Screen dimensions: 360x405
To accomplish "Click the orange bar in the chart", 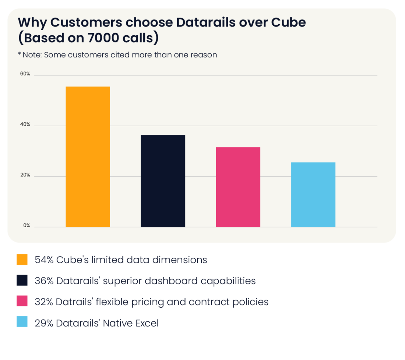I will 88,156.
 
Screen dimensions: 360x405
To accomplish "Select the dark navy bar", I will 163,181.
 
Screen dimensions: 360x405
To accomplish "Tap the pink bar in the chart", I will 238,187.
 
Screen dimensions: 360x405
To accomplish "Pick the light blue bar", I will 313,194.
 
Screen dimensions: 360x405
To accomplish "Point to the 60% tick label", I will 25,74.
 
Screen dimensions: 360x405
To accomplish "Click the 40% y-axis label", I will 25,125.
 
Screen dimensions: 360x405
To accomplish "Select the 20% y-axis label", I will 25,175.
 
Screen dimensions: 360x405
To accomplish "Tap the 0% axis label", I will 27,226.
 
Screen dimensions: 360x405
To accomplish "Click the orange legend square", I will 22,260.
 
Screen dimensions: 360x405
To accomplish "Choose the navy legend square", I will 22,281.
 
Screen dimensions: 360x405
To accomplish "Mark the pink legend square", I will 22,302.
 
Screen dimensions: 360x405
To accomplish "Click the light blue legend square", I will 22,323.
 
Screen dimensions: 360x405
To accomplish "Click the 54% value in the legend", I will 44,260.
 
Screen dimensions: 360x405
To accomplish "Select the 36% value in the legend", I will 44,281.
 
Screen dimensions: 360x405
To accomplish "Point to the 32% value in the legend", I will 44,302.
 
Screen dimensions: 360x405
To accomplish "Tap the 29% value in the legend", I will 44,323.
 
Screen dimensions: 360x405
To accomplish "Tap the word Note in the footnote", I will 32,55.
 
